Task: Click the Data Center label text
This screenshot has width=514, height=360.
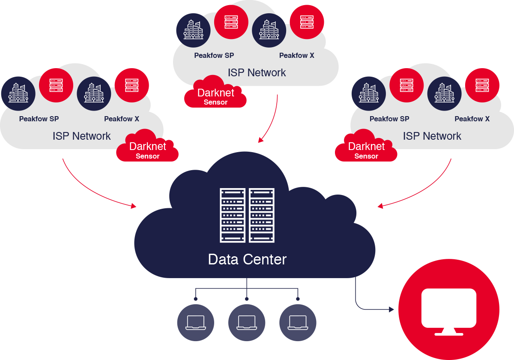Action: coord(247,259)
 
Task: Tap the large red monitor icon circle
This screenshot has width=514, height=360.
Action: coord(449,309)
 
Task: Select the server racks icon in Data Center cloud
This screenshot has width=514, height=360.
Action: coord(247,215)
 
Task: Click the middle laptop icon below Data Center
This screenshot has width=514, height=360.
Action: coord(247,323)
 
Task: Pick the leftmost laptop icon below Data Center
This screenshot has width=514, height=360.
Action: coord(196,323)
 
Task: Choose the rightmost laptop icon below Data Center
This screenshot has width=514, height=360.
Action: coord(298,323)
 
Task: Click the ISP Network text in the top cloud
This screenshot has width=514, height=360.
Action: coord(257,72)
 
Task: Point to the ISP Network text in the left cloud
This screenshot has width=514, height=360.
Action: coord(81,136)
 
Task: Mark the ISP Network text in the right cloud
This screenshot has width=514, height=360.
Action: coord(432,136)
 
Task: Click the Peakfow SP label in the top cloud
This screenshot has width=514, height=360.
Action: coord(214,55)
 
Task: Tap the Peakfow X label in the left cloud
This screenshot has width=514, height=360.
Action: coord(122,119)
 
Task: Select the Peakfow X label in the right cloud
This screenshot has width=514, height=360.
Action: coord(472,119)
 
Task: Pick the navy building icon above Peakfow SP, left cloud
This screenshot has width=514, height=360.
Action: coord(18,93)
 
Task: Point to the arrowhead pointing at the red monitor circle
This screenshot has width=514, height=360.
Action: coord(391,309)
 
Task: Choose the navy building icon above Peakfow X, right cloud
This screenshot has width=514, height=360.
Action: coord(444,93)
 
